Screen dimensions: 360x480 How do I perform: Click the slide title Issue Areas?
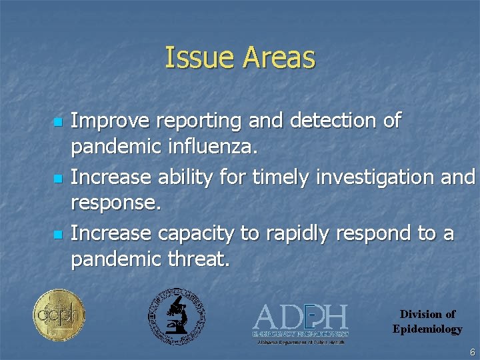click(239, 58)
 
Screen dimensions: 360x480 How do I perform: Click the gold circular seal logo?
click(59, 315)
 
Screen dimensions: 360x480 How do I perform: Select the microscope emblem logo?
click(177, 316)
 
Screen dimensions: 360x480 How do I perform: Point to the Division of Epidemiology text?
click(427, 321)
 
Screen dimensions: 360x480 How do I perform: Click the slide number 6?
click(472, 352)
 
